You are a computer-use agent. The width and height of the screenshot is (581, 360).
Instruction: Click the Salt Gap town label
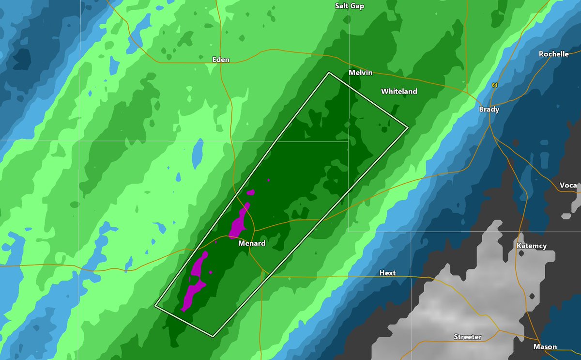[350, 6]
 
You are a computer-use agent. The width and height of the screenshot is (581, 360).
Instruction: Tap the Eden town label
[221, 60]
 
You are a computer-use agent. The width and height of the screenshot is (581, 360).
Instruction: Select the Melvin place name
[361, 73]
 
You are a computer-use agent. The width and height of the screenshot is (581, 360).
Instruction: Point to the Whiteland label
[399, 91]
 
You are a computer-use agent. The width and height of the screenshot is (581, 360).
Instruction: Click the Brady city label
[489, 110]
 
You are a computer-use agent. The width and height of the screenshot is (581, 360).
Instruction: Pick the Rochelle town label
[554, 54]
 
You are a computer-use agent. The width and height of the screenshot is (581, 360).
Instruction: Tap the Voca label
[568, 186]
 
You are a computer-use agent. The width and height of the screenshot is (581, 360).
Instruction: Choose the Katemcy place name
[532, 246]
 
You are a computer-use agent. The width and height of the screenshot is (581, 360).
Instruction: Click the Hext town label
[387, 273]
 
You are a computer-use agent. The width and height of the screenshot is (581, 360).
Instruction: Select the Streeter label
[468, 337]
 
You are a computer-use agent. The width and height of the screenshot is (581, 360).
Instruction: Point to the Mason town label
[545, 347]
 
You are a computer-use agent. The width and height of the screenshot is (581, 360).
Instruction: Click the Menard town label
[252, 244]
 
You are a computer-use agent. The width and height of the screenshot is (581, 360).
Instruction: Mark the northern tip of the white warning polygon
[329, 73]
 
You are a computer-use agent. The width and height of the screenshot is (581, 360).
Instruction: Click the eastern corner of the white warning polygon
[408, 127]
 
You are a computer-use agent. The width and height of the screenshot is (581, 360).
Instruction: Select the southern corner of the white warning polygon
[214, 336]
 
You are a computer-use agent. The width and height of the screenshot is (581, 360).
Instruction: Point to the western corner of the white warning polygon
[155, 306]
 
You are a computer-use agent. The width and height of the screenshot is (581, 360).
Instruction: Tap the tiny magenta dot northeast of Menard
[269, 180]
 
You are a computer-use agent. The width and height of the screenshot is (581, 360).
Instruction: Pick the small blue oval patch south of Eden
[197, 152]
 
